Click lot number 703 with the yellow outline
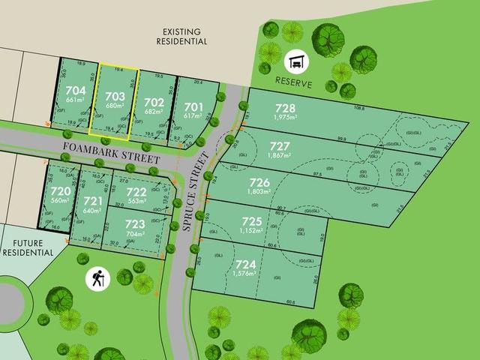[115, 96]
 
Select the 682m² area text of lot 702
[153, 111]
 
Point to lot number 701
[193, 106]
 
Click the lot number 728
[285, 108]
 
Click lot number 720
[61, 192]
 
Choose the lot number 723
[135, 223]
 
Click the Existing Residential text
[184, 36]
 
